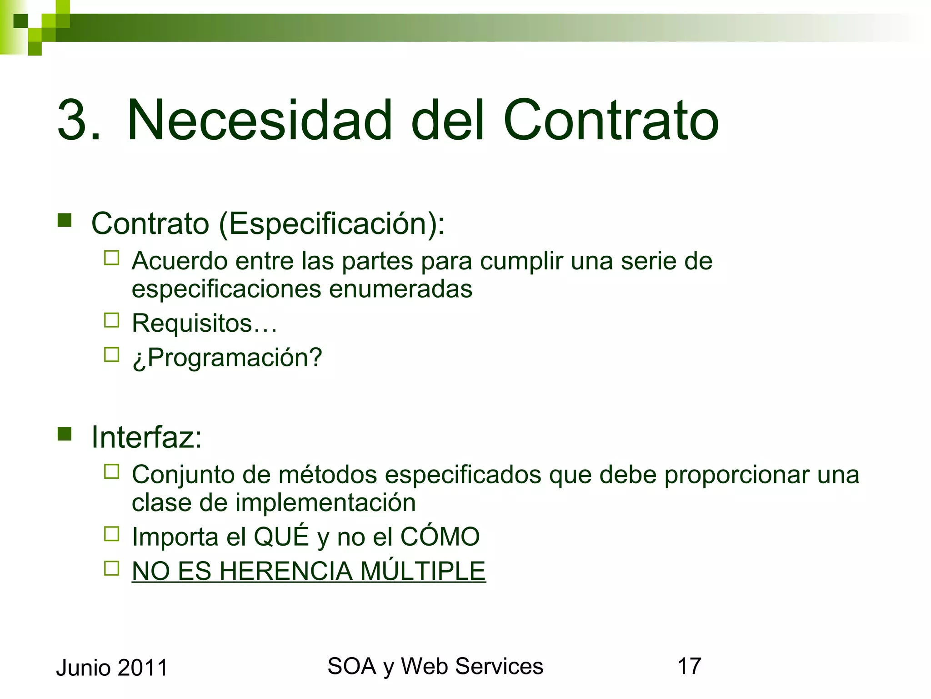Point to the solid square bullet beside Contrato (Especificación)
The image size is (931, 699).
pyautogui.click(x=65, y=220)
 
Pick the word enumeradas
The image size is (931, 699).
pyautogui.click(x=400, y=289)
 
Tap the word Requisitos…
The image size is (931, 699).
pyautogui.click(x=204, y=323)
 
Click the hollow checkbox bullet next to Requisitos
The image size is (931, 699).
pyautogui.click(x=111, y=320)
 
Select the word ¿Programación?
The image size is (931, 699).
pyautogui.click(x=227, y=358)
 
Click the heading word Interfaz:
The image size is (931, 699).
pyautogui.click(x=146, y=437)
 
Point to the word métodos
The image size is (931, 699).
pyautogui.click(x=328, y=475)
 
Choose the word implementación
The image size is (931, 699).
pyautogui.click(x=325, y=503)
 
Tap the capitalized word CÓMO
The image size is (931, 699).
pyautogui.click(x=440, y=537)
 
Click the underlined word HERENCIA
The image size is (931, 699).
pyautogui.click(x=286, y=571)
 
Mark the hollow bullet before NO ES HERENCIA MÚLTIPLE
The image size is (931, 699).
pyautogui.click(x=111, y=568)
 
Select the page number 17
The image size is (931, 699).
pyautogui.click(x=689, y=666)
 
